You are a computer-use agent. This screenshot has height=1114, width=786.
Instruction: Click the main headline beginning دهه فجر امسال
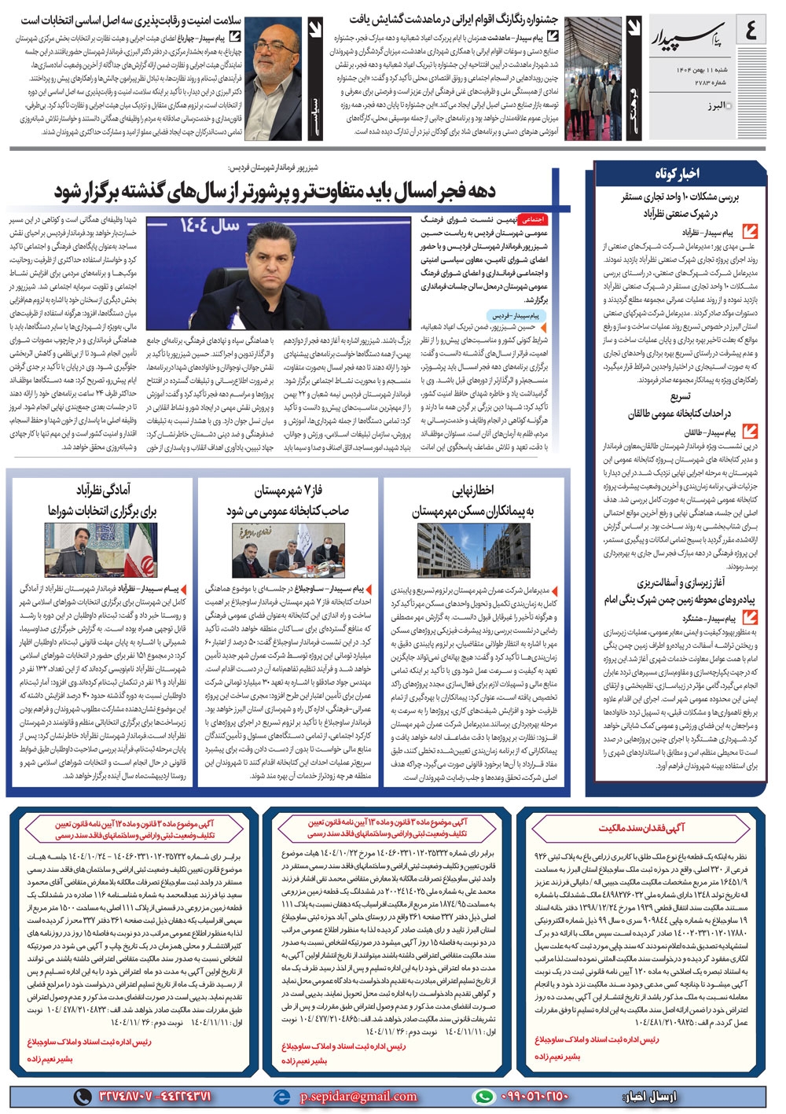275,190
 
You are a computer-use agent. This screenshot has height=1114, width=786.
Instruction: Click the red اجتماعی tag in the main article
534,219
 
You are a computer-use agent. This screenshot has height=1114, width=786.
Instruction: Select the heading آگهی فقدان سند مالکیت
641,827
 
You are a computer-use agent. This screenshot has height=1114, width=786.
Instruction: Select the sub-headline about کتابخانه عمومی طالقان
679,406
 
